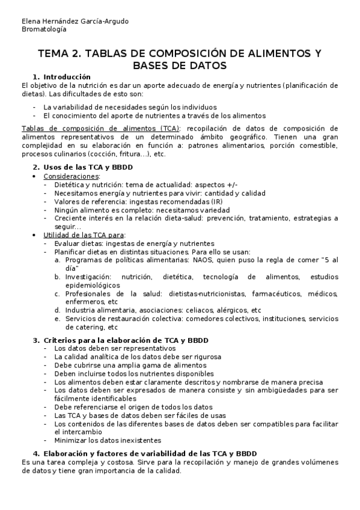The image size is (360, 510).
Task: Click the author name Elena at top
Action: coord(31,21)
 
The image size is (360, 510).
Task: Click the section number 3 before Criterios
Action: coord(35,340)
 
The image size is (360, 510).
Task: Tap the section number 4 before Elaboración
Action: coord(35,453)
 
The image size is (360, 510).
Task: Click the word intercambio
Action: coord(75,432)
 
